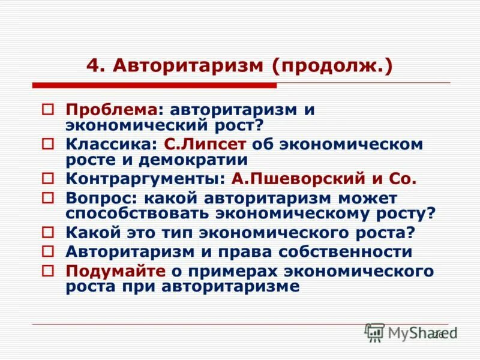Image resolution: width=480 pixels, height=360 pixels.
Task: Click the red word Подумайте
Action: (x=115, y=271)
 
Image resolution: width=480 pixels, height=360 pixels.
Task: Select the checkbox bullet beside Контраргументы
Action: (x=47, y=179)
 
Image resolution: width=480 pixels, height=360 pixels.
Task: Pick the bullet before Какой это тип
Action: (x=47, y=233)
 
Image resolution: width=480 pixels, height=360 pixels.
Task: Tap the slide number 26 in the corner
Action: (x=437, y=335)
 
